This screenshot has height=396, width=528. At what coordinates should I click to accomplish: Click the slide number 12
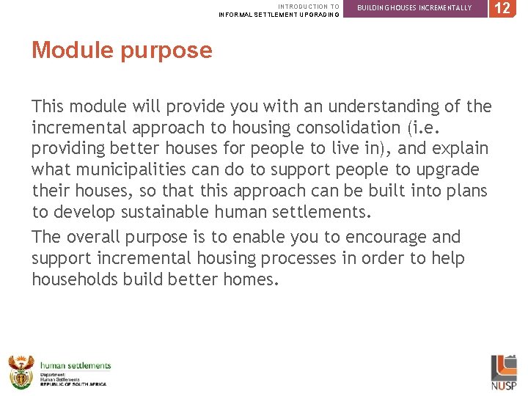coord(502,8)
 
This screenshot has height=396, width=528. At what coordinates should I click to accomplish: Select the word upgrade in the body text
coord(449,170)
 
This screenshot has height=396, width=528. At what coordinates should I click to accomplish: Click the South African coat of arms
coord(21,372)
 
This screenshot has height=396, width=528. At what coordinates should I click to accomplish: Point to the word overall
coord(96,237)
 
